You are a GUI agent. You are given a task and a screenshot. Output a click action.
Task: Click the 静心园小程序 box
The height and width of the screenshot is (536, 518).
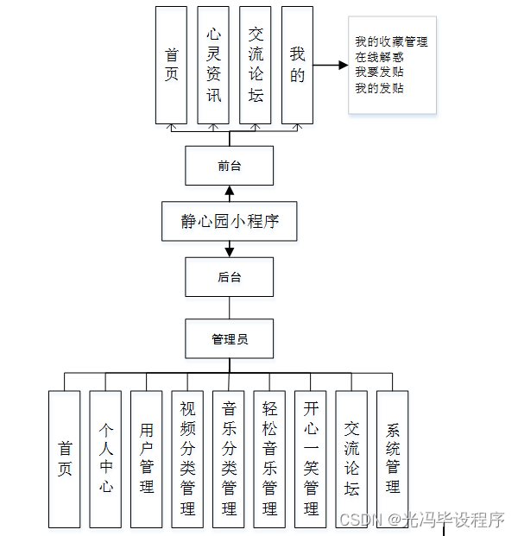click(x=230, y=221)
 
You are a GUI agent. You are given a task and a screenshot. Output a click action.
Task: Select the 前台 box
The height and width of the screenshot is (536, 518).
click(x=230, y=166)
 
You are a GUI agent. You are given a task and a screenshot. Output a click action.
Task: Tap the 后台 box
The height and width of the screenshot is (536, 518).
click(x=230, y=277)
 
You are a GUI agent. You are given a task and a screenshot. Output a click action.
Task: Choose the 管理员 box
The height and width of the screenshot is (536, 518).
click(x=230, y=339)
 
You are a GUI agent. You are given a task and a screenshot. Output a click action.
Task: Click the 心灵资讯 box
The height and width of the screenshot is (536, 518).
click(x=213, y=65)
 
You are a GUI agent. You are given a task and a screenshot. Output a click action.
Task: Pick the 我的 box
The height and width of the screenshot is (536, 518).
click(x=297, y=65)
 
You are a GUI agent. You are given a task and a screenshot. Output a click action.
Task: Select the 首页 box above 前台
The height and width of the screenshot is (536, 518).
click(x=171, y=65)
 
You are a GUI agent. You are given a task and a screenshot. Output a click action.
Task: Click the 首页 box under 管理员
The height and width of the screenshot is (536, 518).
click(x=65, y=458)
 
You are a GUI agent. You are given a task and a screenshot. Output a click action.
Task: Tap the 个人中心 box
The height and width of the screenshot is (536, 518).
click(x=105, y=458)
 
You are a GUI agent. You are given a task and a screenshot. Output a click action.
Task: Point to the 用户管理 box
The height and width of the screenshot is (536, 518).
click(x=147, y=458)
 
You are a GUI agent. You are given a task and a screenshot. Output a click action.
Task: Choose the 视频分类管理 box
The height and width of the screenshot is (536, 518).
click(x=187, y=458)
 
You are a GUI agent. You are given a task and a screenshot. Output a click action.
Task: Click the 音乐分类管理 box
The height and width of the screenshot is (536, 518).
click(x=229, y=458)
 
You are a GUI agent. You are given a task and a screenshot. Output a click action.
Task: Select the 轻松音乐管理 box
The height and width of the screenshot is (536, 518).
click(x=269, y=458)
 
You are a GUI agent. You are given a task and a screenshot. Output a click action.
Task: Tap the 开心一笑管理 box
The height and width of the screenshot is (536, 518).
click(x=311, y=458)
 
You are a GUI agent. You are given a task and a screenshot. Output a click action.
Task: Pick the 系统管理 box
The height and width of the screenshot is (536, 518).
click(x=393, y=458)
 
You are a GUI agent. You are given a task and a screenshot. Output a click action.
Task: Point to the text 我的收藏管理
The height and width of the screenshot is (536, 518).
click(x=391, y=41)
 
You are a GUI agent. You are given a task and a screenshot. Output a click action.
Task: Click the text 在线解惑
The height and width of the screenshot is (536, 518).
click(x=379, y=57)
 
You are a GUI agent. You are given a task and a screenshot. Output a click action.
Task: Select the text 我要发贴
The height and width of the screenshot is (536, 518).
click(x=379, y=73)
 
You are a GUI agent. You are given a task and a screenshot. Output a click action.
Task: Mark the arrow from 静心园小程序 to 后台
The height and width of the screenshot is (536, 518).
click(x=230, y=248)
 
